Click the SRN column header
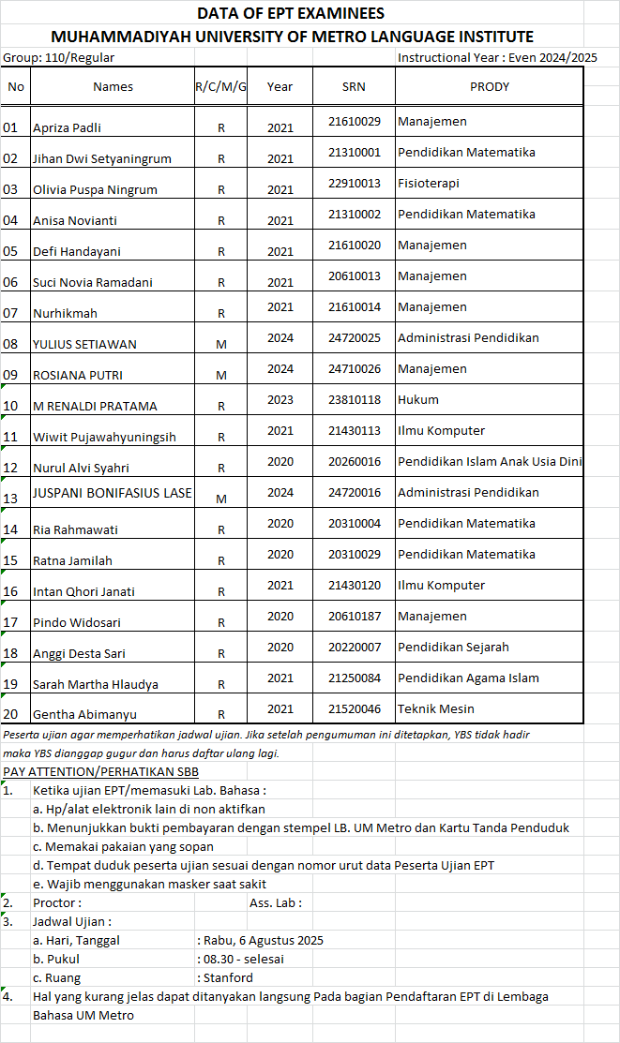point(355,86)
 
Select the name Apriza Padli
point(67,127)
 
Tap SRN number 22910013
point(355,183)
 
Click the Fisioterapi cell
point(428,183)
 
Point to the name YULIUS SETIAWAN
point(84,344)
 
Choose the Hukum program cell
point(418,399)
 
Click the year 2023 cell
point(280,399)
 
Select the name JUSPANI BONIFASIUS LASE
point(112,493)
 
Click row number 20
point(11,714)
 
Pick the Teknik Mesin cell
point(436,708)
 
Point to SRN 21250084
point(355,678)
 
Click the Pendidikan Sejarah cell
point(453,647)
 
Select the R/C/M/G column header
point(220,86)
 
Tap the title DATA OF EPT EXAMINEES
point(291,13)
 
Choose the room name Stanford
point(229,977)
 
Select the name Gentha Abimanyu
point(83,715)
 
